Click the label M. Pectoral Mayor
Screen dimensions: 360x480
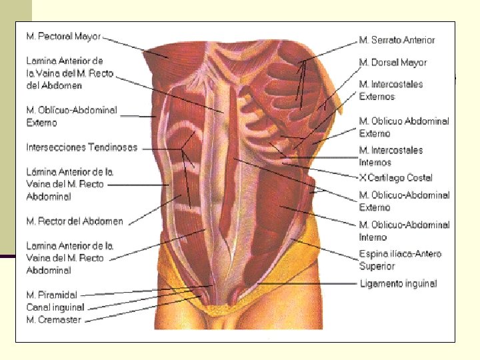coord(63,36)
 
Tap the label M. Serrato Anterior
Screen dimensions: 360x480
coord(397,40)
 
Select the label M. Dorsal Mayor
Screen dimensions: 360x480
coord(393,63)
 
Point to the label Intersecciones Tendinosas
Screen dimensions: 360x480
coord(81,147)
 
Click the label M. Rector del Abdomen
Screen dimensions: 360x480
coord(75,221)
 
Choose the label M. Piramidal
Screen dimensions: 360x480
coord(51,295)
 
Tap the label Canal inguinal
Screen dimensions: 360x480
coord(55,307)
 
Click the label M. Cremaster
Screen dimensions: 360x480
coord(53,320)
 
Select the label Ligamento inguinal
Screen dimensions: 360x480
coord(398,284)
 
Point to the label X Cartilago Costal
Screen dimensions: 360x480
coord(396,178)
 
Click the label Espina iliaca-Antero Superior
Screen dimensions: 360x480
coord(400,260)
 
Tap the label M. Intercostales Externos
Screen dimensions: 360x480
coord(391,91)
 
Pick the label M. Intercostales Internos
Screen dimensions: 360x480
coord(391,156)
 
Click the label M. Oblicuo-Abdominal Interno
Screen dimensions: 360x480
coord(404,231)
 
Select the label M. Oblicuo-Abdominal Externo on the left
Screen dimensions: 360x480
coord(71,116)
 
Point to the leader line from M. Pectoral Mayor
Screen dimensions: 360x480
coord(127,43)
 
